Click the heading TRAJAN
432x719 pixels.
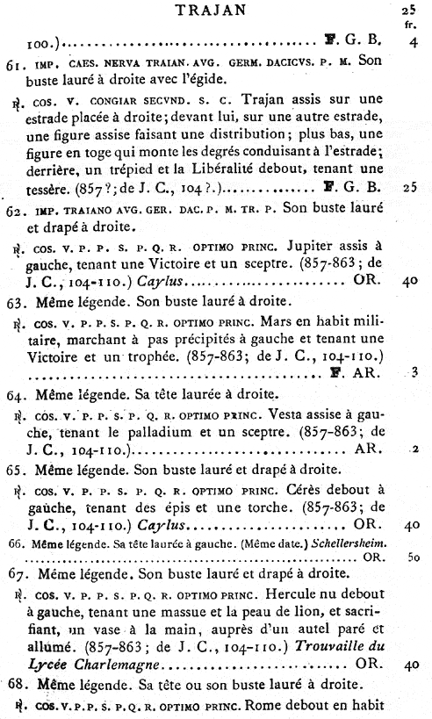click(214, 11)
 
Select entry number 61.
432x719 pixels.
click(13, 64)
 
